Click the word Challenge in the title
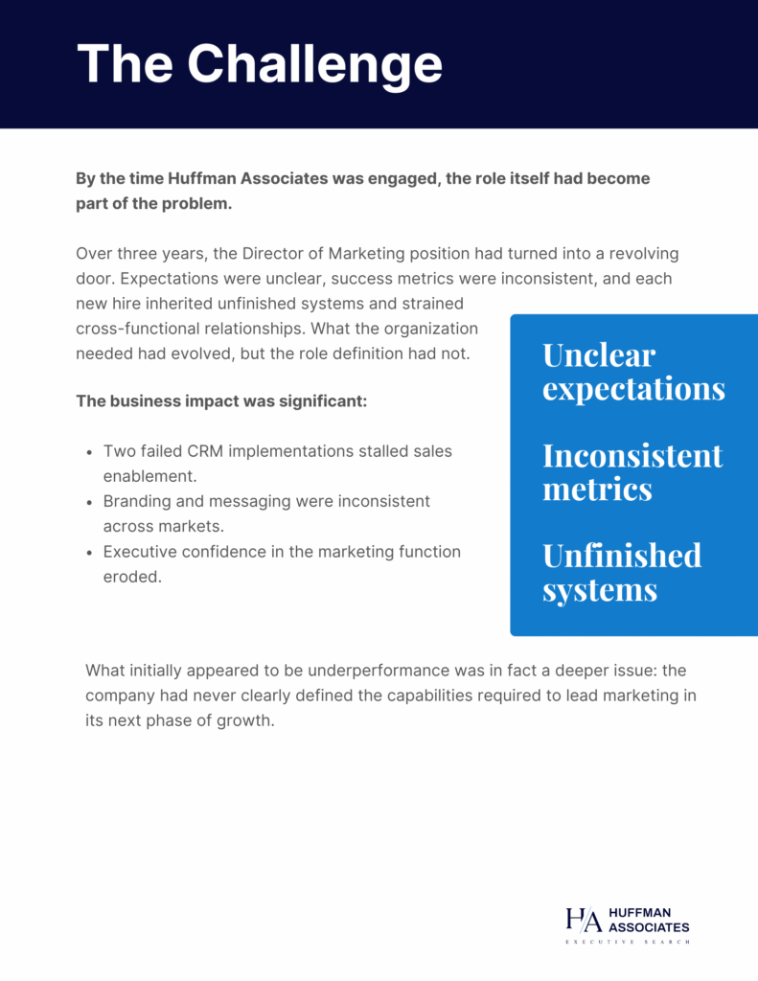click(314, 65)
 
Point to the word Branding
click(135, 501)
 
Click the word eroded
click(129, 577)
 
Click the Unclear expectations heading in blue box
click(633, 372)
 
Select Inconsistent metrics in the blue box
click(632, 471)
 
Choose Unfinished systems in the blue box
click(621, 572)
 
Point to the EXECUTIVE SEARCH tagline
click(627, 943)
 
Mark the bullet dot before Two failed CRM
click(89, 451)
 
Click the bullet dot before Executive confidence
click(89, 553)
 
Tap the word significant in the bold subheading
click(322, 400)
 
